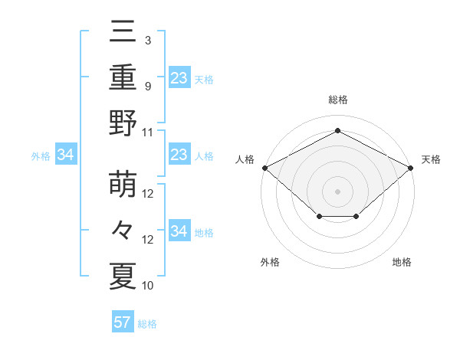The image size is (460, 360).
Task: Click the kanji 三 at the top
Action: point(123,33)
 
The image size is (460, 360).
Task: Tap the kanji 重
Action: point(123,77)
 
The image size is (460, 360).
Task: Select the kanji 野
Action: point(123,123)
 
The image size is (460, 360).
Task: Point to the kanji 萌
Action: point(123,186)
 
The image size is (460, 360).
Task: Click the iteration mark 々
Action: point(123,231)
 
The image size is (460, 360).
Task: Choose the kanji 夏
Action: point(123,276)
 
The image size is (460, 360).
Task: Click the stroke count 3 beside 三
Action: point(147,41)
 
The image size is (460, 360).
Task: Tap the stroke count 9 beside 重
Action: point(147,86)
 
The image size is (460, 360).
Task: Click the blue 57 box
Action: point(123,322)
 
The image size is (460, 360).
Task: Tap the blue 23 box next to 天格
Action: point(179,78)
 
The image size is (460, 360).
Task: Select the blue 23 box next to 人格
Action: point(179,155)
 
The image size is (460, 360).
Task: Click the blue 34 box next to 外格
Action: point(65,155)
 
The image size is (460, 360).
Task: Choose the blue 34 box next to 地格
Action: point(179,231)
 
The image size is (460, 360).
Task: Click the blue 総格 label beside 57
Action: point(147,324)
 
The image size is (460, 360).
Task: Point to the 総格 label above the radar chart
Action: point(337,100)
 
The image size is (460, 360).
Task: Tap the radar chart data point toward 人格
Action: point(264,167)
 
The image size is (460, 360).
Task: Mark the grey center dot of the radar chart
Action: point(337,191)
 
